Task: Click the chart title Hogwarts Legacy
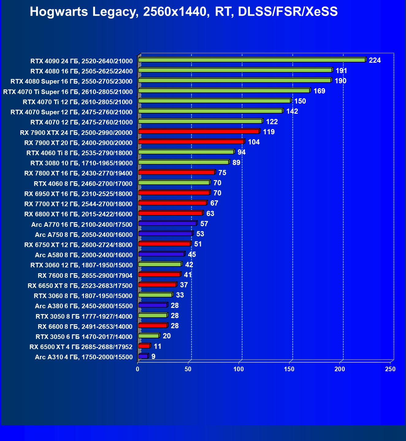click(x=184, y=12)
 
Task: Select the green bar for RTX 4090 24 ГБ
click(x=251, y=60)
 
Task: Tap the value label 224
click(x=375, y=60)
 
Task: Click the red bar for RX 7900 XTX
click(x=199, y=132)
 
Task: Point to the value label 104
click(x=254, y=142)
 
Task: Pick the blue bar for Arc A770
click(x=167, y=223)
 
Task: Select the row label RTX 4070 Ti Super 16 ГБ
click(x=68, y=92)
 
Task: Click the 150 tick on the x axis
click(x=289, y=369)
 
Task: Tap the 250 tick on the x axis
click(x=390, y=369)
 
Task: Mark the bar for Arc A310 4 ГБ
click(x=143, y=356)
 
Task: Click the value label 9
click(x=153, y=356)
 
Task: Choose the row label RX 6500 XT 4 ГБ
click(x=81, y=347)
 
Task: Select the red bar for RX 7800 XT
click(x=176, y=172)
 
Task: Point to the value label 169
click(x=319, y=91)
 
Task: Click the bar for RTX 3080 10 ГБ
click(x=183, y=162)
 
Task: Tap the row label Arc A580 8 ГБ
click(x=84, y=255)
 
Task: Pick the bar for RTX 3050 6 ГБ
click(x=149, y=336)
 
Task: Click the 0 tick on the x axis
click(x=138, y=369)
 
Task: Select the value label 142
click(x=292, y=111)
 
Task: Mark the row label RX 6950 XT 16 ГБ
click(x=78, y=194)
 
